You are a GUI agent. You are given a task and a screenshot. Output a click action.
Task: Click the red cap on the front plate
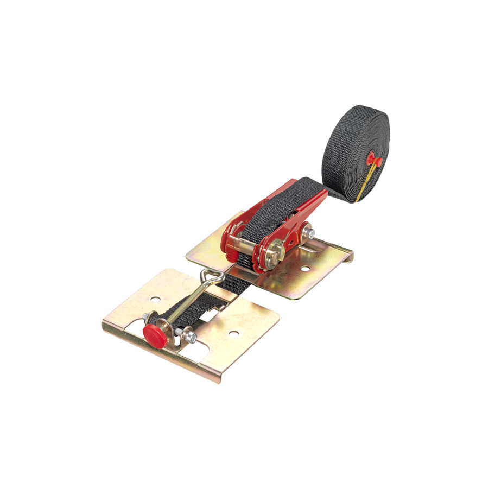[x=155, y=336]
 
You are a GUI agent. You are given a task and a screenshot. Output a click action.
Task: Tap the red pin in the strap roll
[x=373, y=160]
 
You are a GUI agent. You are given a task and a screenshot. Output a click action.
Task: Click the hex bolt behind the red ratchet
[x=309, y=233]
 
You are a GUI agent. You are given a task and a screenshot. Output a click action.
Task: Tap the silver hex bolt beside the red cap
[x=189, y=337]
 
